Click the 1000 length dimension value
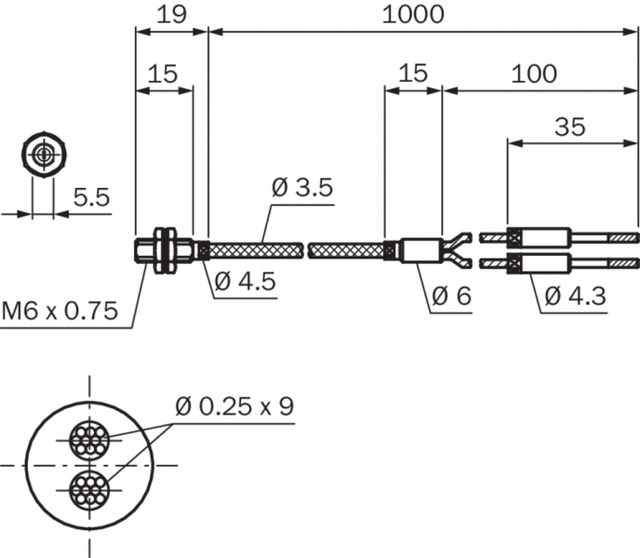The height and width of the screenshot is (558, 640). pos(413,15)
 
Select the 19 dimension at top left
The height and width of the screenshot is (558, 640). pos(171,15)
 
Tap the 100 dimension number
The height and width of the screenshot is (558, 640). pos(534,73)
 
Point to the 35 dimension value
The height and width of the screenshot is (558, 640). pos(570,126)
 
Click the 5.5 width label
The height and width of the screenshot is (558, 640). pos(92,197)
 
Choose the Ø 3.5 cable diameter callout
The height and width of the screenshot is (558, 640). pos(302,187)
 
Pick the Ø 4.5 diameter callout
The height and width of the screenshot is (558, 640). pos(245,281)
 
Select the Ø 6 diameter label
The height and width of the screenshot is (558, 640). pos(451,296)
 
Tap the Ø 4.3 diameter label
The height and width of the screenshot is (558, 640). pos(575,296)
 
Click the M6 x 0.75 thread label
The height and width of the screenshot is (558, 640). pos(60,311)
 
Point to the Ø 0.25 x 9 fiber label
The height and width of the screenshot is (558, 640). pos(234,406)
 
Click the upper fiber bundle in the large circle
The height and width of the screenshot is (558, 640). pos(89,440)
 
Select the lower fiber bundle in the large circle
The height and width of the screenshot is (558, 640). pos(89,490)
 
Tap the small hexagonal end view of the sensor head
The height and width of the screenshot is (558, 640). pos(44,154)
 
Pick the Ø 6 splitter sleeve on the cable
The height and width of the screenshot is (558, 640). pos(421,250)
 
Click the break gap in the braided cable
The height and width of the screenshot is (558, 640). pos(306,250)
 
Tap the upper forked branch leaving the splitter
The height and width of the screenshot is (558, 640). pos(457,241)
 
